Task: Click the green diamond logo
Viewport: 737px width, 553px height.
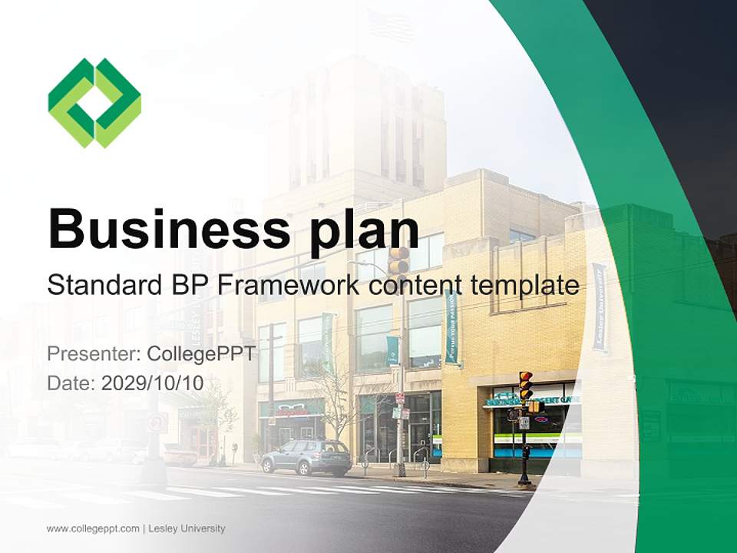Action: pyautogui.click(x=94, y=103)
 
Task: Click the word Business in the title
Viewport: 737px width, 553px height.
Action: pyautogui.click(x=169, y=229)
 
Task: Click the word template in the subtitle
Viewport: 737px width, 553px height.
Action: pyautogui.click(x=525, y=285)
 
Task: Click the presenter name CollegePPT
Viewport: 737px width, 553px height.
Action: pyautogui.click(x=201, y=353)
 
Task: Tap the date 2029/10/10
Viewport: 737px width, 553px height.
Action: pyautogui.click(x=152, y=382)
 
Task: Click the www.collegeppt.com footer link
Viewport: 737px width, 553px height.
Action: pyautogui.click(x=93, y=528)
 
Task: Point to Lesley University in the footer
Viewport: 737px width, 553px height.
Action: pyautogui.click(x=187, y=528)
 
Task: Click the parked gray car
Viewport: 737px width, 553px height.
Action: pyautogui.click(x=306, y=457)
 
